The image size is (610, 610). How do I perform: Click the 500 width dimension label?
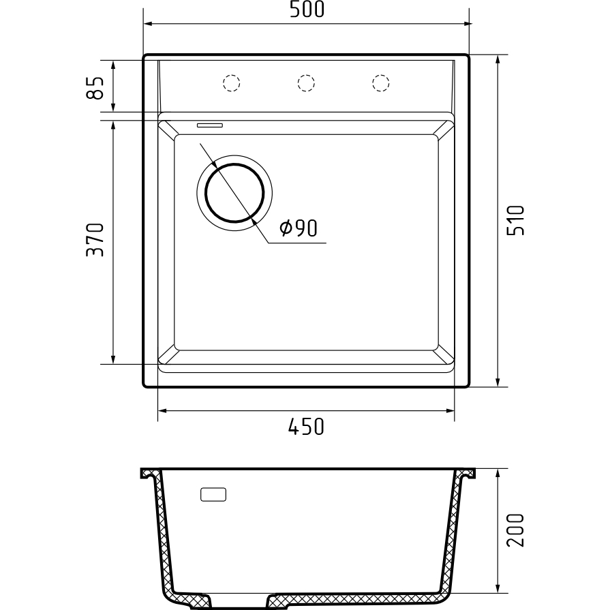307,10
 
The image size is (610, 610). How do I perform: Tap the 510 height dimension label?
516,220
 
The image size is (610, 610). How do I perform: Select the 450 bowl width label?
306,427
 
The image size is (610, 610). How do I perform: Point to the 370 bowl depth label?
95,240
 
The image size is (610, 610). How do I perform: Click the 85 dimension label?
95,87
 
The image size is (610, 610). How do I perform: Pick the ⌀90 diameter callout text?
299,228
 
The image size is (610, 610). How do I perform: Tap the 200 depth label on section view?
516,530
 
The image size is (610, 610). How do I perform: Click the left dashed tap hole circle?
232,83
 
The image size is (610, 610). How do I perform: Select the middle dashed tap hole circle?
306,83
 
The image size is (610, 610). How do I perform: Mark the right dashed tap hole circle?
381,83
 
